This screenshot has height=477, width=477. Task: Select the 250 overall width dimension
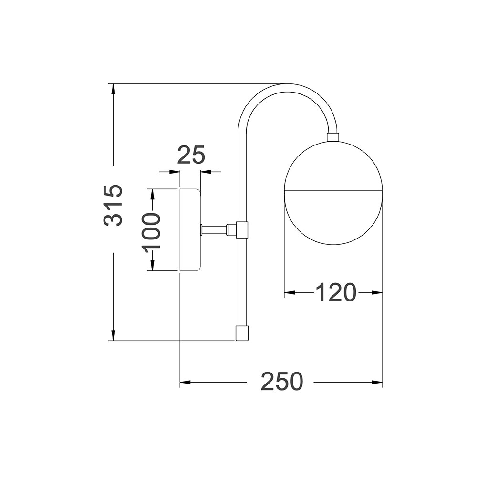(282, 381)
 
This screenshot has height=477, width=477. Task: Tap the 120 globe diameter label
(335, 292)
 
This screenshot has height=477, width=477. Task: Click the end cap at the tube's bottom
(242, 333)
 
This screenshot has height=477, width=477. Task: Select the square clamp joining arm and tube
(242, 230)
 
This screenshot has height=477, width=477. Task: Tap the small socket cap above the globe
(332, 137)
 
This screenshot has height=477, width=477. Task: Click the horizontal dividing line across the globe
(333, 190)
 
